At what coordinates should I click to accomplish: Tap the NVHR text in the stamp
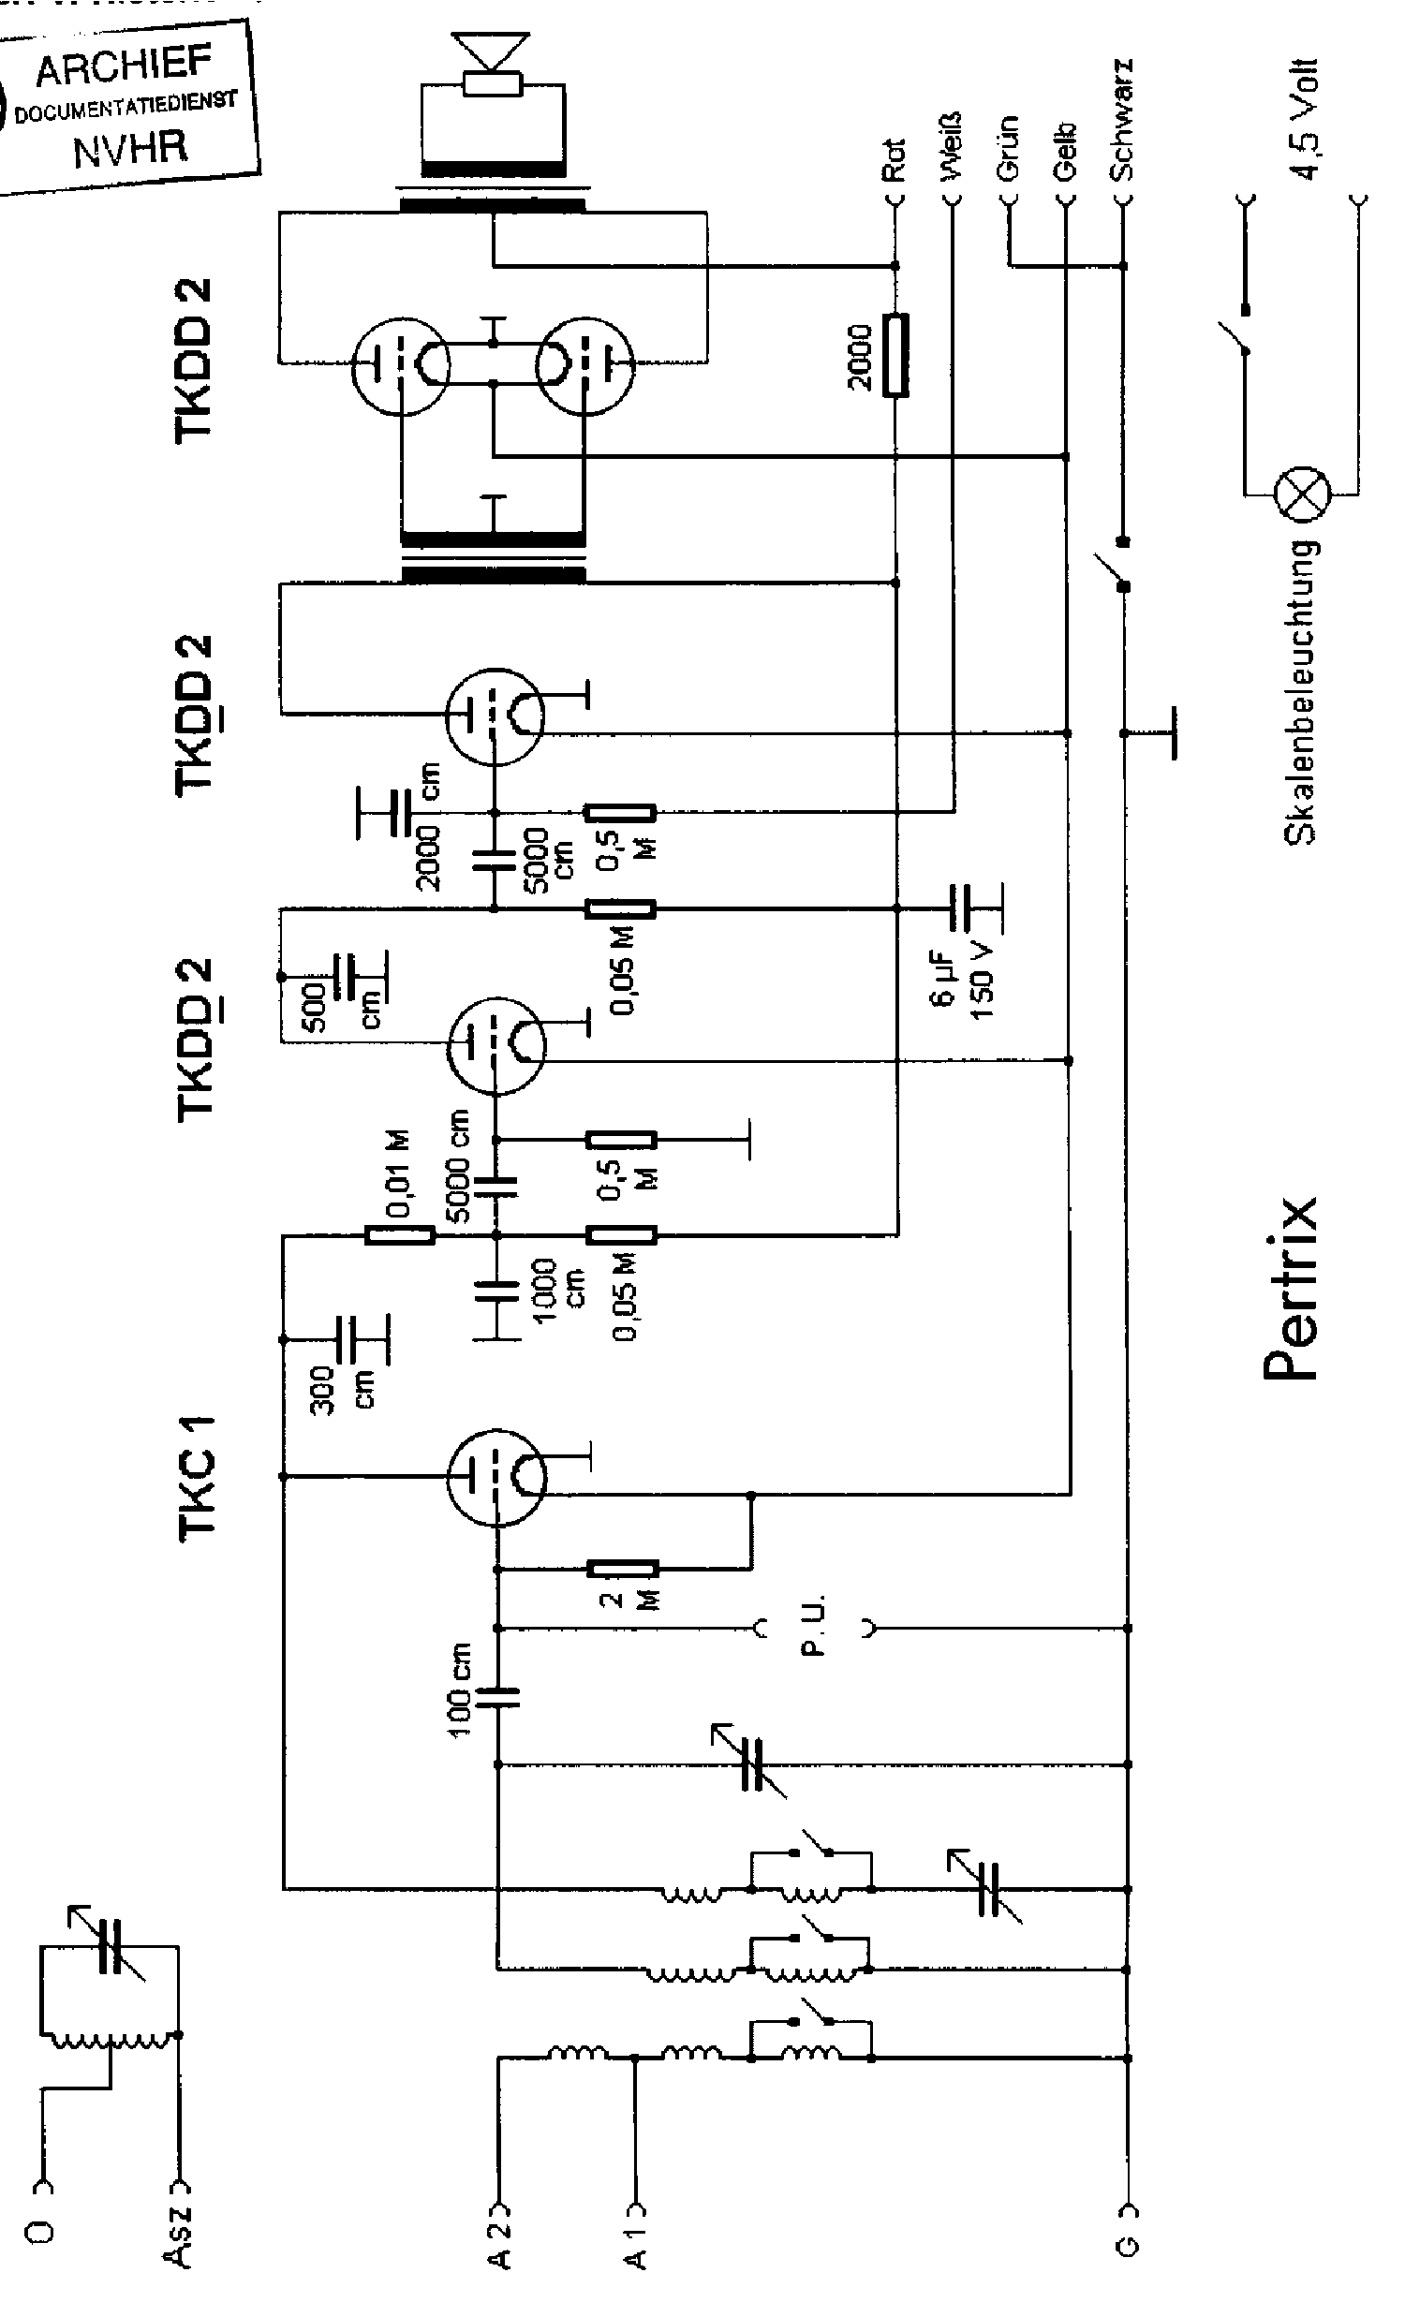pyautogui.click(x=131, y=147)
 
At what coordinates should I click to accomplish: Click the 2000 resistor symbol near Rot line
pyautogui.click(x=896, y=356)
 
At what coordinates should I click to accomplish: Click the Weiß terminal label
pyautogui.click(x=953, y=145)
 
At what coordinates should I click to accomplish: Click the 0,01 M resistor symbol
pyautogui.click(x=400, y=1235)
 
